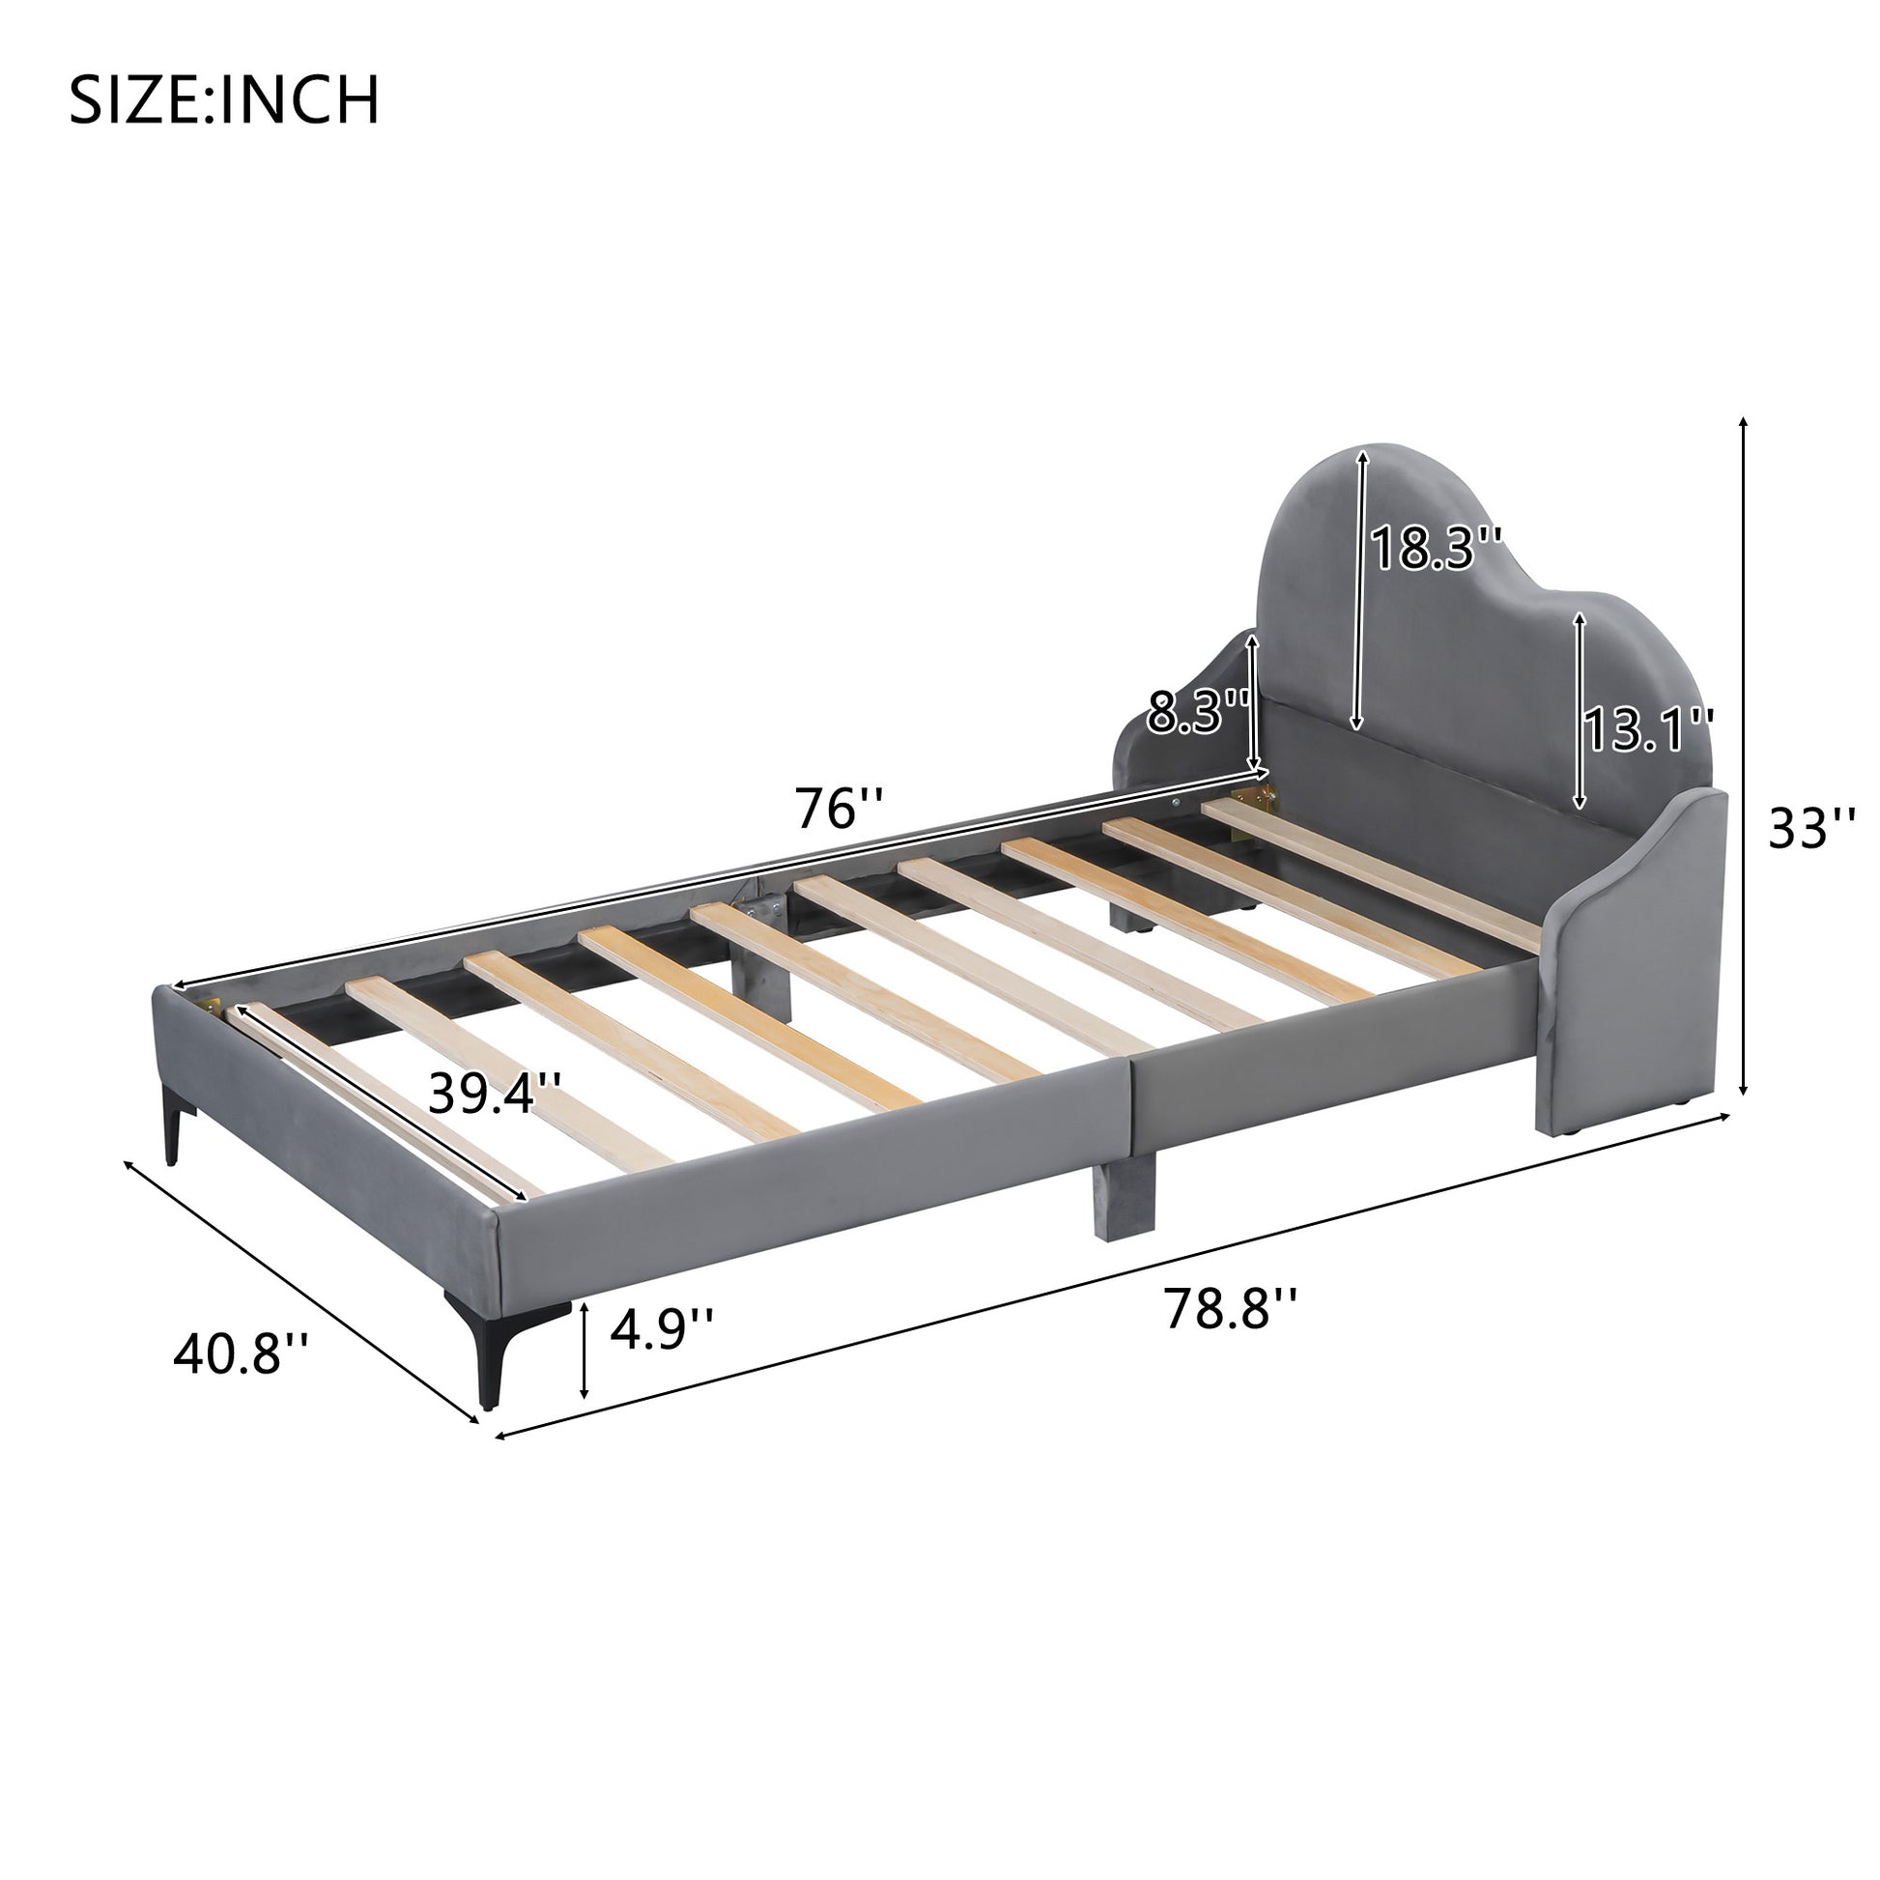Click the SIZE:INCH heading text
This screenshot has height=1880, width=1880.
tap(224, 100)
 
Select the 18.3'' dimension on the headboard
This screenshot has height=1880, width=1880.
tap(1437, 548)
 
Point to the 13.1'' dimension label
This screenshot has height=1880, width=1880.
tap(1648, 729)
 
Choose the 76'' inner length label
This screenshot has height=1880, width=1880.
tap(839, 809)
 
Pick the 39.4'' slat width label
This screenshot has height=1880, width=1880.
tap(495, 1093)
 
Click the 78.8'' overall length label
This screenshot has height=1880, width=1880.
tap(1230, 1308)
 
